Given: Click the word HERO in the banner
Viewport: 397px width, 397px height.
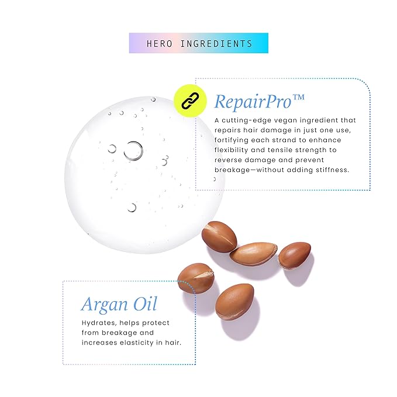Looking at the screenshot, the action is (x=160, y=43).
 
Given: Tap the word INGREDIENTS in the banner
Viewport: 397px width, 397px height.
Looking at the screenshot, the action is (x=216, y=43).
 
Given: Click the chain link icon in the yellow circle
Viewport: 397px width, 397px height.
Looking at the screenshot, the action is (x=190, y=101).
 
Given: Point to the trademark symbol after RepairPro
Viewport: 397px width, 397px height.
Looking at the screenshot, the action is (x=298, y=97).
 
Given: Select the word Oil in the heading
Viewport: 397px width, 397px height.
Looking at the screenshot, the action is (x=146, y=303).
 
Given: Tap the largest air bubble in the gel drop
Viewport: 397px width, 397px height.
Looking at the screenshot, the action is (x=133, y=151).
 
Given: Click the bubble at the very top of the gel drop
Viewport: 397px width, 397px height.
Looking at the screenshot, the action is (x=153, y=99).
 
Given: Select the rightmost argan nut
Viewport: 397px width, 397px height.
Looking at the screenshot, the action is (x=295, y=255).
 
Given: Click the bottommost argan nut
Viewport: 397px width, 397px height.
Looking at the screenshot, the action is (x=234, y=302).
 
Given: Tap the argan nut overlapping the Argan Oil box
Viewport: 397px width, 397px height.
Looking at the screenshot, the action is (x=196, y=278).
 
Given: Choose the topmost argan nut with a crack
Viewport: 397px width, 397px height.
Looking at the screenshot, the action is (x=219, y=237).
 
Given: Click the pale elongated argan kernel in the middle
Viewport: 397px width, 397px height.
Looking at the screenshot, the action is (x=253, y=254).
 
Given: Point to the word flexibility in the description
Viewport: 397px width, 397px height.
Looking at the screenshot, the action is (x=231, y=150).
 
